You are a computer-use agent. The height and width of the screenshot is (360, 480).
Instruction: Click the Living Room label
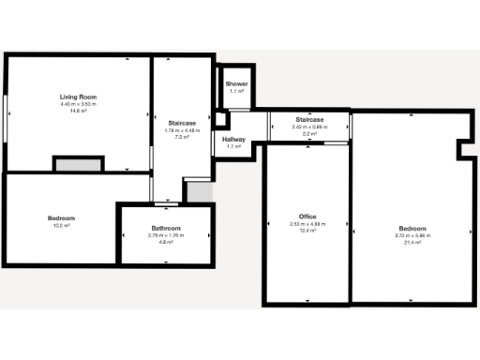[79, 97]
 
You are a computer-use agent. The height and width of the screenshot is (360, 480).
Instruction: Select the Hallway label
[233, 140]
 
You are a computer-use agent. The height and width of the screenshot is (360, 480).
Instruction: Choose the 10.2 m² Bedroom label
[61, 218]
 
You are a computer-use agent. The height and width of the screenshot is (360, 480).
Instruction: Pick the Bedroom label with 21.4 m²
[412, 229]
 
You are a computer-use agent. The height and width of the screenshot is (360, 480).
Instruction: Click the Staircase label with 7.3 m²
[182, 123]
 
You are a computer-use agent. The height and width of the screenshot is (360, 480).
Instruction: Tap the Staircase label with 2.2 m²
[309, 120]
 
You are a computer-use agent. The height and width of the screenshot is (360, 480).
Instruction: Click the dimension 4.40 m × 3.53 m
[79, 104]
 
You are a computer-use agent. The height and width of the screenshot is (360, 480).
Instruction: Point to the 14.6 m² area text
[79, 111]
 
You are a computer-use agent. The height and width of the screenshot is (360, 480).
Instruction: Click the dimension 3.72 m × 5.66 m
[412, 235]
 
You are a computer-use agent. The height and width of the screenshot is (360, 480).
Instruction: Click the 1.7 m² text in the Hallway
[233, 147]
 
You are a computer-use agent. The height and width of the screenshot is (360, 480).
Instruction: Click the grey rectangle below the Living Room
[71, 165]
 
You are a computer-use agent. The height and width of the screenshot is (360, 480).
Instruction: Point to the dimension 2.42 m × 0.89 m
[309, 127]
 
